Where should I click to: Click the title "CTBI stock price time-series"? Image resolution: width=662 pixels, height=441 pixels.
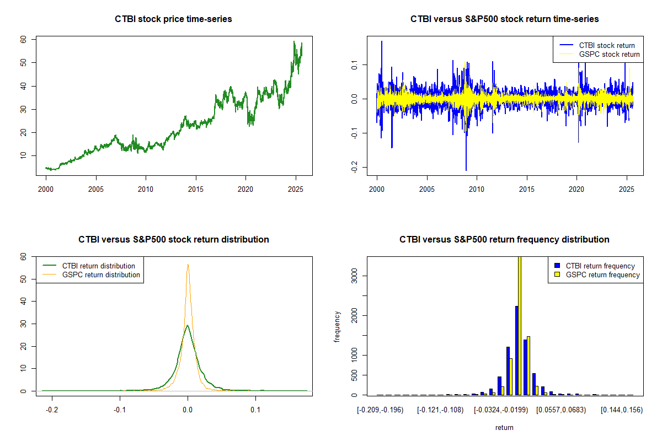pyautogui.click(x=173, y=19)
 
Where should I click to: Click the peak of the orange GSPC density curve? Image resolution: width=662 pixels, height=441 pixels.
pyautogui.click(x=188, y=265)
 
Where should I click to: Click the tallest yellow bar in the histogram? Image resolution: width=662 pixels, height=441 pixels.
pyautogui.click(x=519, y=325)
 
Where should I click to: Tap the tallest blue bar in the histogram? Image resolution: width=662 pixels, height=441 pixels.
pyautogui.click(x=517, y=350)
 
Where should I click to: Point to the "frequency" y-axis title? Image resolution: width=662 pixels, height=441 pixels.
pyautogui.click(x=337, y=326)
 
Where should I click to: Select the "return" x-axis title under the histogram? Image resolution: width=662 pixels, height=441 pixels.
pyautogui.click(x=504, y=427)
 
